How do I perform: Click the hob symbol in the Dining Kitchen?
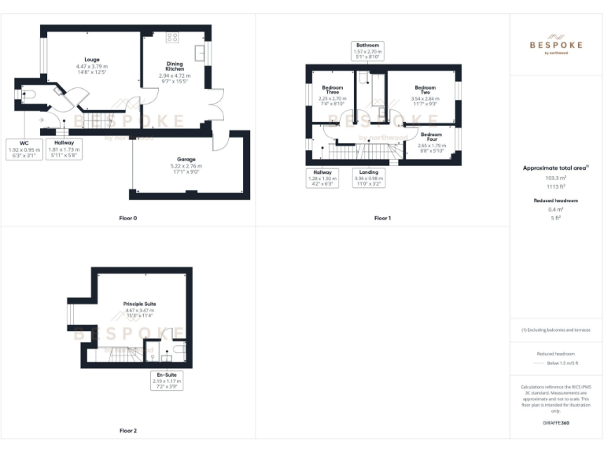point(172,37)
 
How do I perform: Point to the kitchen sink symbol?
point(201,53)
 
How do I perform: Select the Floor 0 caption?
point(127,217)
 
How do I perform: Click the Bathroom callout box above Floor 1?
point(367,51)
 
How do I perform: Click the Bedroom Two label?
point(425,90)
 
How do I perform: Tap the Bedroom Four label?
point(432,138)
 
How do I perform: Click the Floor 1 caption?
point(382,217)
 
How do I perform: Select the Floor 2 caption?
point(127,431)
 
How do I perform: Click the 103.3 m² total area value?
point(556,179)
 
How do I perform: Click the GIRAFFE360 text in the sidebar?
point(556,424)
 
